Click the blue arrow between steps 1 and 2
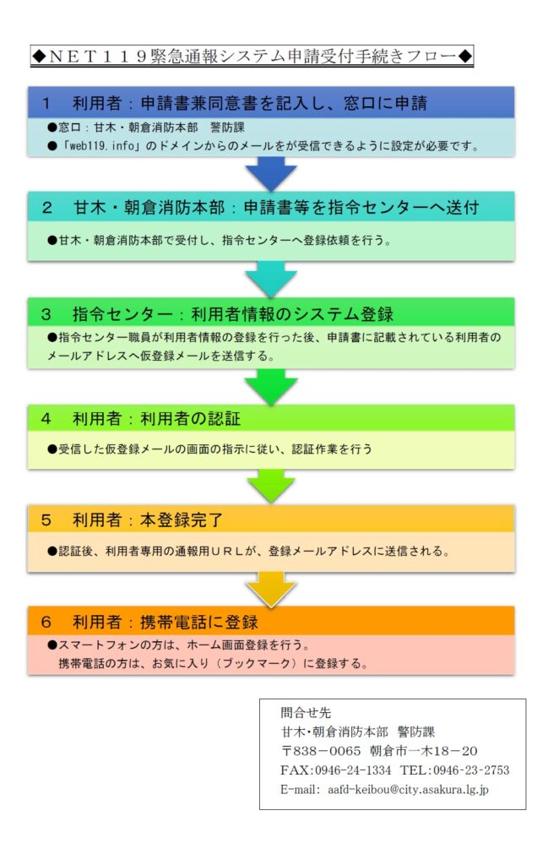pyautogui.click(x=271, y=173)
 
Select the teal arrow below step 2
pyautogui.click(x=271, y=279)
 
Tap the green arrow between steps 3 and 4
pyautogui.click(x=271, y=386)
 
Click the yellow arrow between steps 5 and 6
pyautogui.click(x=271, y=589)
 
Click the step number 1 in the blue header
pyautogui.click(x=46, y=103)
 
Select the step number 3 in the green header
pyautogui.click(x=46, y=314)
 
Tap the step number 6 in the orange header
pyautogui.click(x=46, y=623)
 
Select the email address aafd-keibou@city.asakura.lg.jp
pyautogui.click(x=408, y=790)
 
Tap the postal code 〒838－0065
pyautogui.click(x=321, y=751)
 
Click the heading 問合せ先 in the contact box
pyautogui.click(x=306, y=712)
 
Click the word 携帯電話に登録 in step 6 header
pyautogui.click(x=199, y=623)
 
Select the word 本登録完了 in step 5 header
pyautogui.click(x=182, y=520)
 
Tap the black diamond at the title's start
pyautogui.click(x=39, y=57)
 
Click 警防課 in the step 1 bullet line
pyautogui.click(x=227, y=128)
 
